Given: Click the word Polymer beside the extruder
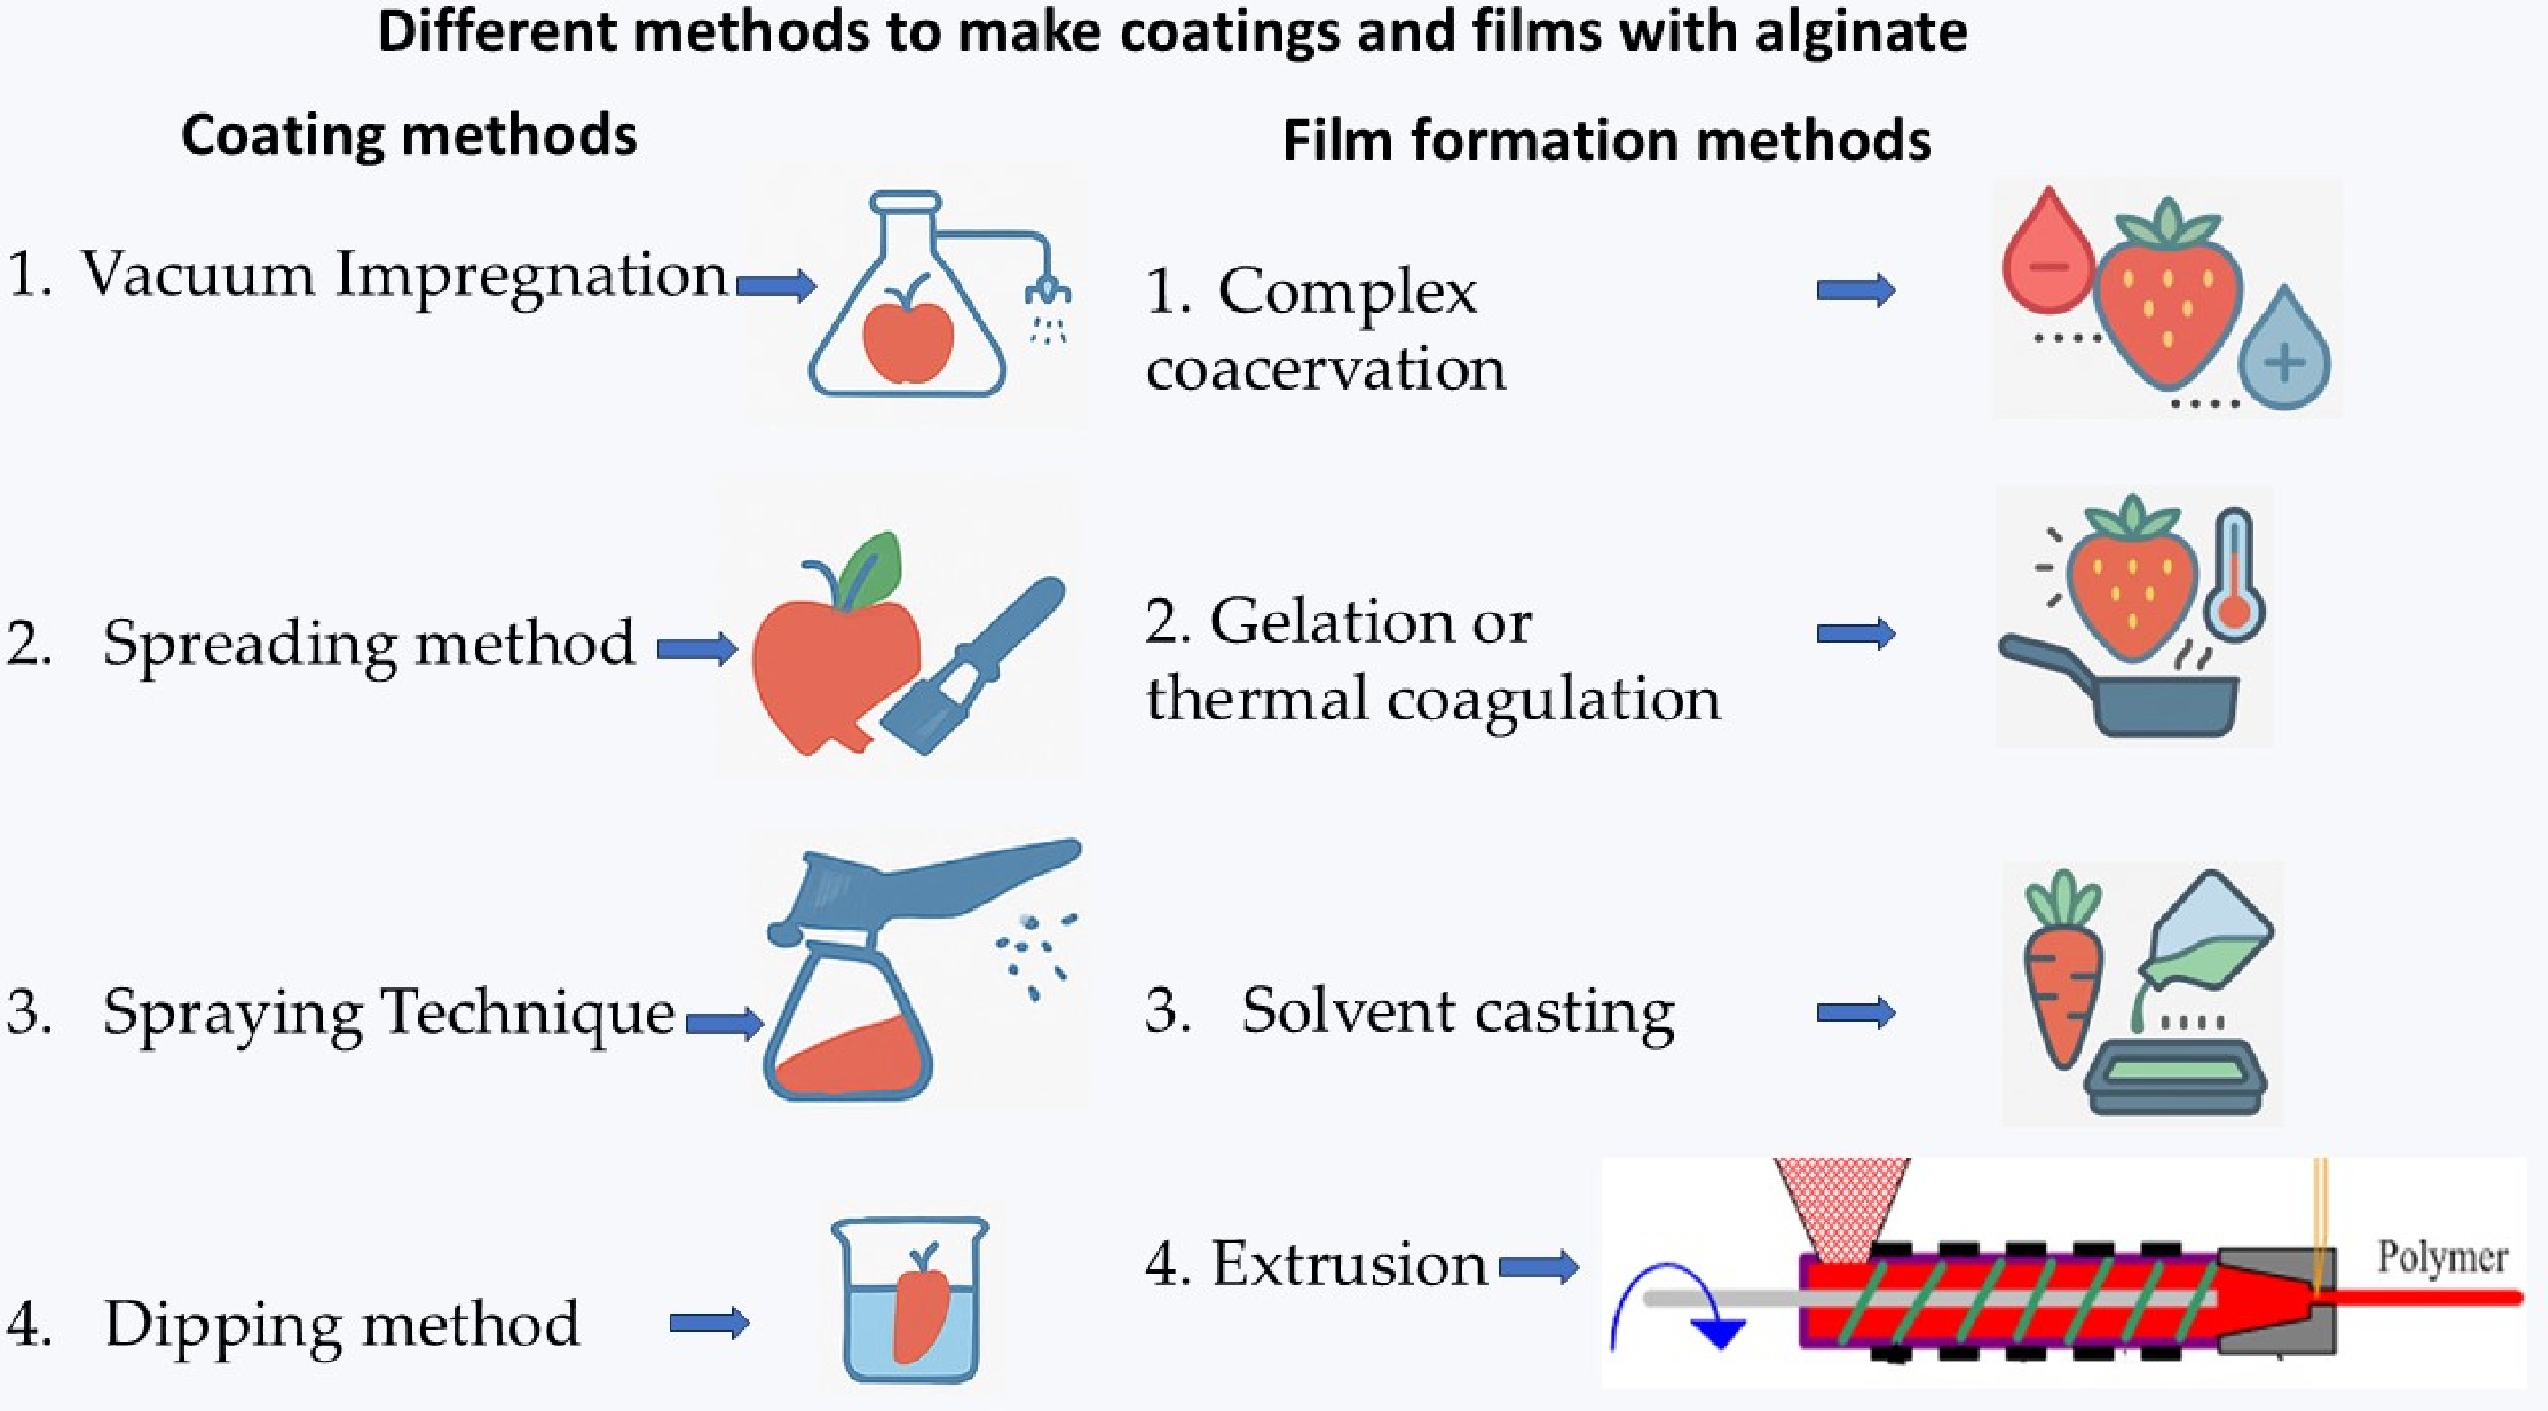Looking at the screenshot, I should click(x=2441, y=1257).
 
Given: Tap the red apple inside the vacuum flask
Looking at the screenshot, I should click(x=907, y=340).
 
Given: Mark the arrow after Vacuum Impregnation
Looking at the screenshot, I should click(x=777, y=287).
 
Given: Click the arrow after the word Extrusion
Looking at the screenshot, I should click(x=1538, y=1266).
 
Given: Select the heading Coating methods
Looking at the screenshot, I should click(x=409, y=136).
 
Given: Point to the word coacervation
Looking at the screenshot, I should click(x=1326, y=370).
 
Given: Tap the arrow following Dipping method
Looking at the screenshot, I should click(x=709, y=1323).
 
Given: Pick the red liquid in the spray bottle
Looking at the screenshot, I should click(x=850, y=1058).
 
